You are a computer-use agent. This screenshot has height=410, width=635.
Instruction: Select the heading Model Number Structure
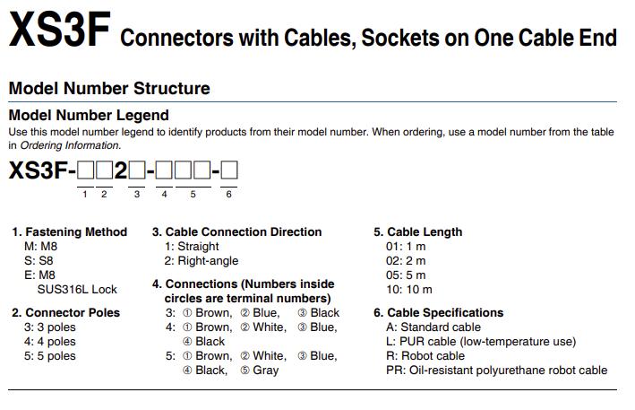click(108, 89)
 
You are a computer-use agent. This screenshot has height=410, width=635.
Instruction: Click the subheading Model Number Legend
click(88, 116)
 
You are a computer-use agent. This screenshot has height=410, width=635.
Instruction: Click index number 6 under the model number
click(228, 194)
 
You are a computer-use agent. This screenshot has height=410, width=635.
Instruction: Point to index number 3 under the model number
click(137, 194)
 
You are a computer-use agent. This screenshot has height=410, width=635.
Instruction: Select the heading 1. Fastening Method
click(70, 231)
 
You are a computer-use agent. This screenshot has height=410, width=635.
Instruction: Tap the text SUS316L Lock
click(77, 289)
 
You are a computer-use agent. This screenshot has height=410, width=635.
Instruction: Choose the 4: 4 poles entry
click(50, 341)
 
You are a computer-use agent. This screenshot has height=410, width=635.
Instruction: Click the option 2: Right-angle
click(202, 260)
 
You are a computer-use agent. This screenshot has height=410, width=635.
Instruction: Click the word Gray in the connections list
click(265, 370)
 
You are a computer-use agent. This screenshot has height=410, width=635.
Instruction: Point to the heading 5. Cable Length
click(417, 231)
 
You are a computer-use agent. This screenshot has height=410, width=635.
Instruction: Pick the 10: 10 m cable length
click(408, 289)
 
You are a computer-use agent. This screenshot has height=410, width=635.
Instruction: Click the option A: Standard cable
click(433, 327)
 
